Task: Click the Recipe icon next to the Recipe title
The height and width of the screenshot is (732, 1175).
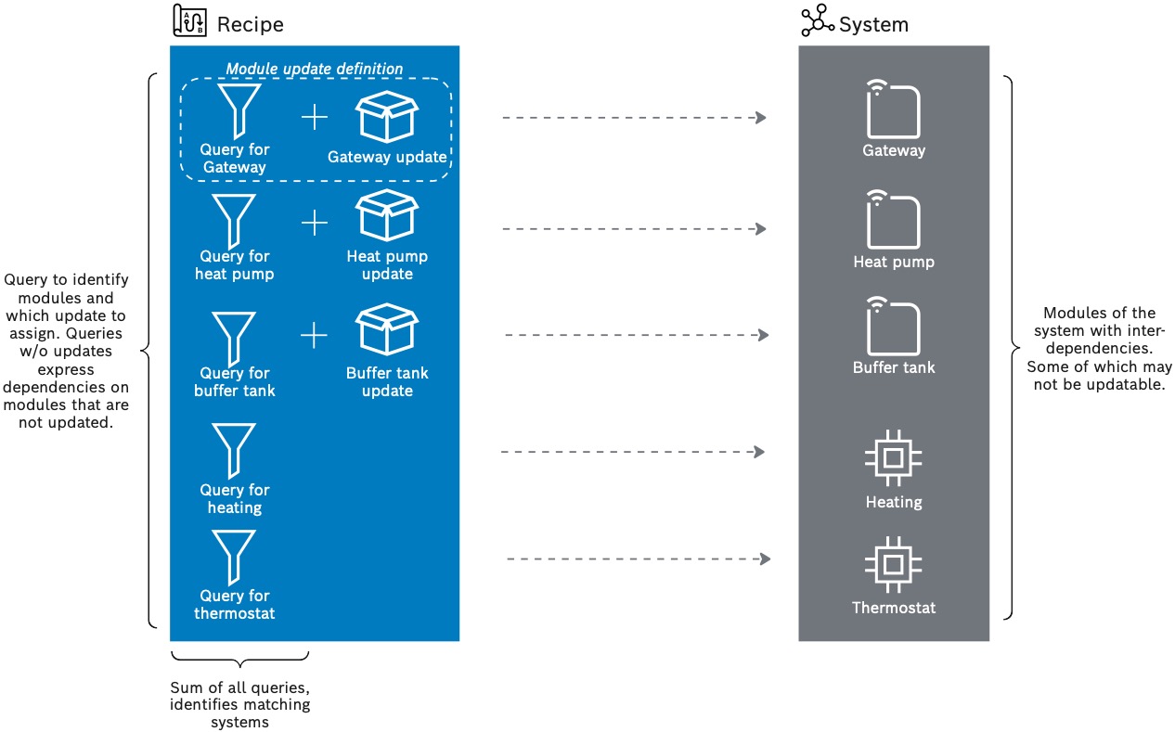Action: click(189, 21)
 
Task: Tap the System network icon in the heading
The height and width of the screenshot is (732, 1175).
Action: click(817, 21)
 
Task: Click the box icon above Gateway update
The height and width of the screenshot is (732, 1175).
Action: click(386, 115)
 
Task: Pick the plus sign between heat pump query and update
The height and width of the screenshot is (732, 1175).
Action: click(315, 223)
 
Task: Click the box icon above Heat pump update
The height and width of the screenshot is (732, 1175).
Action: click(386, 216)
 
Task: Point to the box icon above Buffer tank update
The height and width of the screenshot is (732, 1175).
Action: click(386, 332)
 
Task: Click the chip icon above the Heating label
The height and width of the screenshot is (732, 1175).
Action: click(893, 457)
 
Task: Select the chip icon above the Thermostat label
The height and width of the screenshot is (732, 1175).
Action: click(893, 564)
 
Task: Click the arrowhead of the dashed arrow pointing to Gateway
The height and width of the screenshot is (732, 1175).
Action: click(761, 118)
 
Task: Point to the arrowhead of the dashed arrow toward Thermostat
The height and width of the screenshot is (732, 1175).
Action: click(766, 559)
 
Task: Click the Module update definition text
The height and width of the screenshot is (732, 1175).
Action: click(315, 69)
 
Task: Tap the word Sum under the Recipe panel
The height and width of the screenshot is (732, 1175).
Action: click(185, 687)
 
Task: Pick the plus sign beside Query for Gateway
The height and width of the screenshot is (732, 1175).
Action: click(315, 117)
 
